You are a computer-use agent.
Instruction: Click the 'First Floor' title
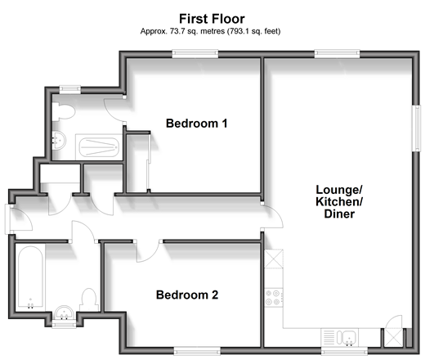(x=212, y=19)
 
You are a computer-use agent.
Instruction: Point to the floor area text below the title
(x=210, y=31)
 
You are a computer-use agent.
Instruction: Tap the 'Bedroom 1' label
(x=196, y=124)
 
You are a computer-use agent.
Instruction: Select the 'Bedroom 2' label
(x=187, y=295)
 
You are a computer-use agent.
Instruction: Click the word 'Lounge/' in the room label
(x=339, y=190)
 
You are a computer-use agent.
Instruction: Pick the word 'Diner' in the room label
(x=339, y=214)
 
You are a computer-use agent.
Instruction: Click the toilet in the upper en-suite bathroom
(x=63, y=111)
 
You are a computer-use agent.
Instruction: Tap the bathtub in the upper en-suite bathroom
(x=99, y=147)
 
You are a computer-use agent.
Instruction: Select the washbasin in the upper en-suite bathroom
(x=59, y=140)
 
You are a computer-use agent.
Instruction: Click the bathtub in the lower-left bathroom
(x=30, y=277)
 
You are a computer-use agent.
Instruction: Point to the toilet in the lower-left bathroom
(x=89, y=299)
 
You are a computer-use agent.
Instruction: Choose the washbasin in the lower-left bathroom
(x=64, y=313)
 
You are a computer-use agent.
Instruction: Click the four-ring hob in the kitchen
(x=274, y=298)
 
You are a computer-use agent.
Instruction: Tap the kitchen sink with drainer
(x=340, y=338)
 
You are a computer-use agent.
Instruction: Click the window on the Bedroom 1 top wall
(x=195, y=54)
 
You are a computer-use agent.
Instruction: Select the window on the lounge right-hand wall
(x=416, y=128)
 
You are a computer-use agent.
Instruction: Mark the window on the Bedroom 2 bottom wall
(x=197, y=351)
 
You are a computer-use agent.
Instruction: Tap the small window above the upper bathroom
(x=70, y=90)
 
